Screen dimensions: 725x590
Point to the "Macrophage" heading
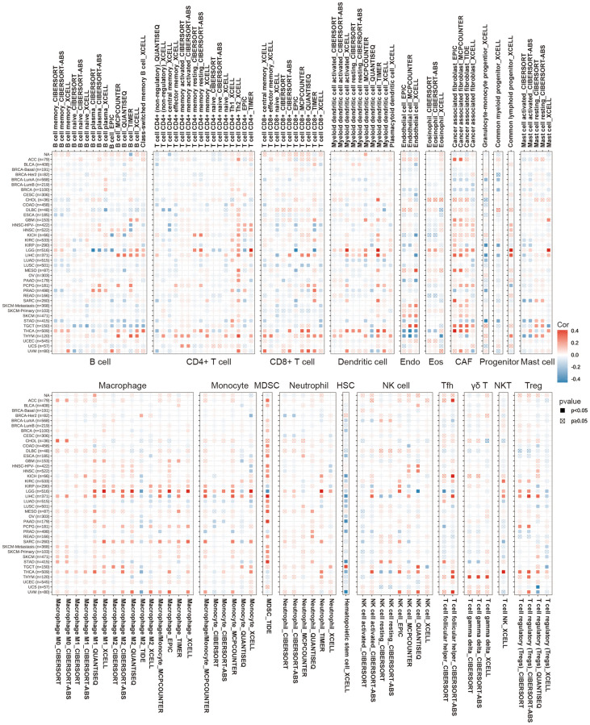(x=124, y=387)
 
